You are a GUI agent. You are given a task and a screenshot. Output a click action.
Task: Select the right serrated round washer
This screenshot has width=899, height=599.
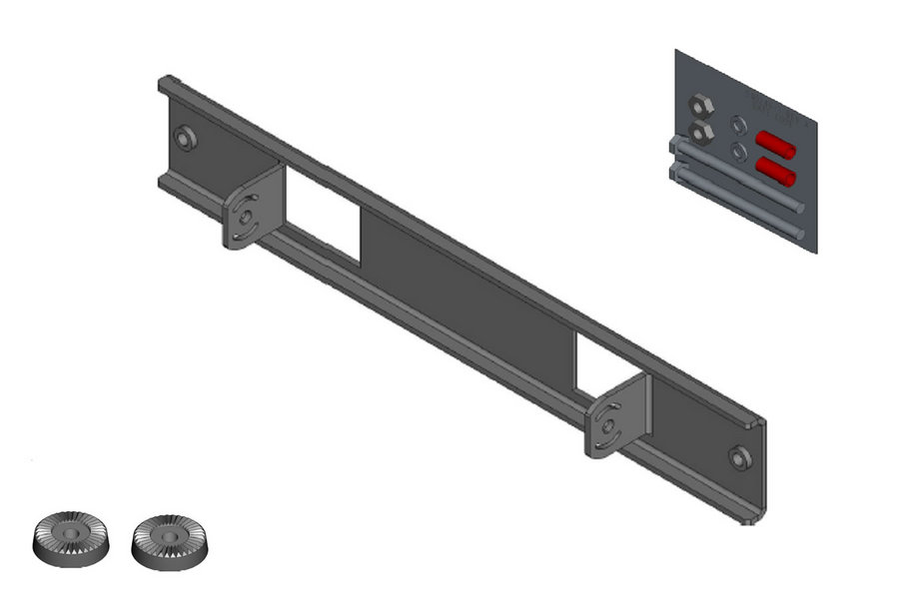click(x=170, y=540)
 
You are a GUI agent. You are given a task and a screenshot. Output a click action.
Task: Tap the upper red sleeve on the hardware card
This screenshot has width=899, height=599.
click(x=775, y=146)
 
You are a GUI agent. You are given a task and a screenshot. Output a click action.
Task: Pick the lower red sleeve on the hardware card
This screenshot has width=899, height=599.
click(x=775, y=172)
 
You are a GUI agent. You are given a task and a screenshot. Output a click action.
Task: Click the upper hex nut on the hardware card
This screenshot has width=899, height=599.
click(x=700, y=105)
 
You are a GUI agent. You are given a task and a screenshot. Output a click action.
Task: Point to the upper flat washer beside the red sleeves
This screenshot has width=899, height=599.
click(x=738, y=126)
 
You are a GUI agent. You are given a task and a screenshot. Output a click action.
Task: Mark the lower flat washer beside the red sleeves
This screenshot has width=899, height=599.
click(x=738, y=152)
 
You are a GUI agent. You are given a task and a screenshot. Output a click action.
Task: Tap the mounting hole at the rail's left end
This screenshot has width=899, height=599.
click(x=184, y=138)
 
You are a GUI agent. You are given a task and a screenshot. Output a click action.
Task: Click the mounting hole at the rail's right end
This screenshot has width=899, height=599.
click(x=740, y=457)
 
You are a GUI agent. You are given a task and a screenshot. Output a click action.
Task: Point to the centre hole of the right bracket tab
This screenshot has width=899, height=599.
click(x=608, y=426)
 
